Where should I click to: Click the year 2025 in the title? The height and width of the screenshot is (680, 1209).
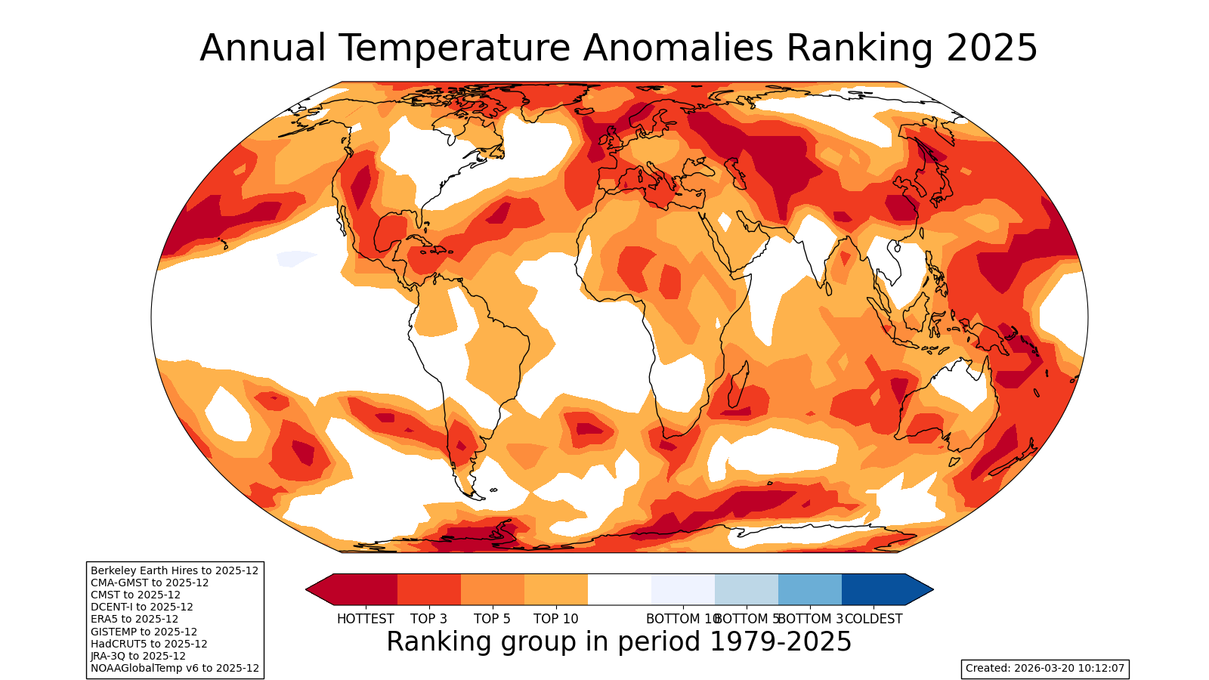tap(991, 48)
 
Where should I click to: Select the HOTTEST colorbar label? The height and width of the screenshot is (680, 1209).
tap(366, 619)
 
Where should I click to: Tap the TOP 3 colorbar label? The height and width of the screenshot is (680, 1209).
tap(428, 619)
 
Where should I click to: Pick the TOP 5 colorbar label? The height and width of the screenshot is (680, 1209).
tap(492, 619)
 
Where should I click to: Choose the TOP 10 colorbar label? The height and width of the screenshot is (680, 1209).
tap(555, 619)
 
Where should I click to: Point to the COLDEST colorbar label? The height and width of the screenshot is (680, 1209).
tap(874, 619)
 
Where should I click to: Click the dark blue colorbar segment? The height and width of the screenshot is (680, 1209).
tap(874, 589)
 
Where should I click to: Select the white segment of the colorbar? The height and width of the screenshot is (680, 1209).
tap(620, 589)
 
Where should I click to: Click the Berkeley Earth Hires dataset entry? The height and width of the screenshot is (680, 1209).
tap(175, 570)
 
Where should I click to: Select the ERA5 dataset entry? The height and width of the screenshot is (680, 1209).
tap(135, 619)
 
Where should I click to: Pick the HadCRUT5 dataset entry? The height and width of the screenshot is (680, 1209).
tap(149, 644)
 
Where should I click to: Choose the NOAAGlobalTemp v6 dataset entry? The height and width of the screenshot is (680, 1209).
tap(175, 668)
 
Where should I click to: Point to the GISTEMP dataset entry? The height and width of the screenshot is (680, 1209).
tap(144, 632)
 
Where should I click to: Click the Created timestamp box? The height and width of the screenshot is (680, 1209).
tap(1045, 668)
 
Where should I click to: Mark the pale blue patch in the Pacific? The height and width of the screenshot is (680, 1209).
tap(295, 258)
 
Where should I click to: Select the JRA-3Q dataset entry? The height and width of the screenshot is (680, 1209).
tap(138, 656)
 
